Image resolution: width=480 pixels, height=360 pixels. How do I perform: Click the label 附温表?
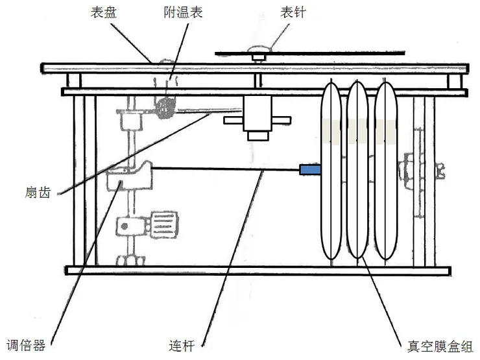pyautogui.click(x=183, y=12)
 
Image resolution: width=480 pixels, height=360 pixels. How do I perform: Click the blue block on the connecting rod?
pyautogui.click(x=309, y=170)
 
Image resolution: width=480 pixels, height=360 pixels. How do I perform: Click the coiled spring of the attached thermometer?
pyautogui.click(x=165, y=107)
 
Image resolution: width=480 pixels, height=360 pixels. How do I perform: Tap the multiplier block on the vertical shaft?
pyautogui.click(x=128, y=176)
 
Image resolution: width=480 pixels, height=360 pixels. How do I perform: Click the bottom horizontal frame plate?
pyautogui.click(x=259, y=270)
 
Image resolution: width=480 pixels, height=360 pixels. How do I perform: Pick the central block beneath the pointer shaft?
pyautogui.click(x=258, y=117)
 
